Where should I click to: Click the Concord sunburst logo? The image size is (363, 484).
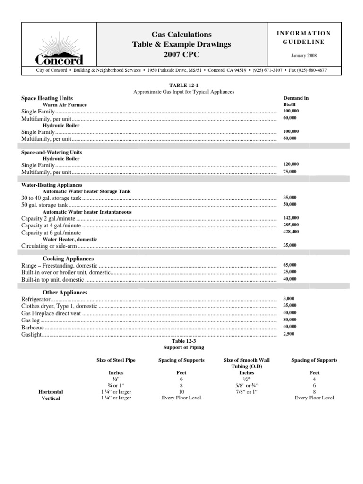coord(60,44)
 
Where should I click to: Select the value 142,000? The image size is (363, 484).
coord(291,218)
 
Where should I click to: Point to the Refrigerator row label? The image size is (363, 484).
coord(35,300)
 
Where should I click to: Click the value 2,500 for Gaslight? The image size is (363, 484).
coord(288,334)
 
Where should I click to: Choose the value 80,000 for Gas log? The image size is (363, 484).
coord(290,320)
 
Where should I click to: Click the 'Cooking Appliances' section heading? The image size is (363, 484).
coord(68,259)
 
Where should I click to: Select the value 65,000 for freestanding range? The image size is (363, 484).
coord(290,265)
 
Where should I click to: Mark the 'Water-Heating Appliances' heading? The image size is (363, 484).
coord(52,185)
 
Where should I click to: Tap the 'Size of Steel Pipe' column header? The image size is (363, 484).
coord(116,360)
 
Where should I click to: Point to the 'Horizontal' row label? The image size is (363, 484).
coord(51,392)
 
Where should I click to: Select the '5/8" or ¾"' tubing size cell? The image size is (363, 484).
coord(243,386)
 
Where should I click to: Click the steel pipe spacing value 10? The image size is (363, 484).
coord(181,392)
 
